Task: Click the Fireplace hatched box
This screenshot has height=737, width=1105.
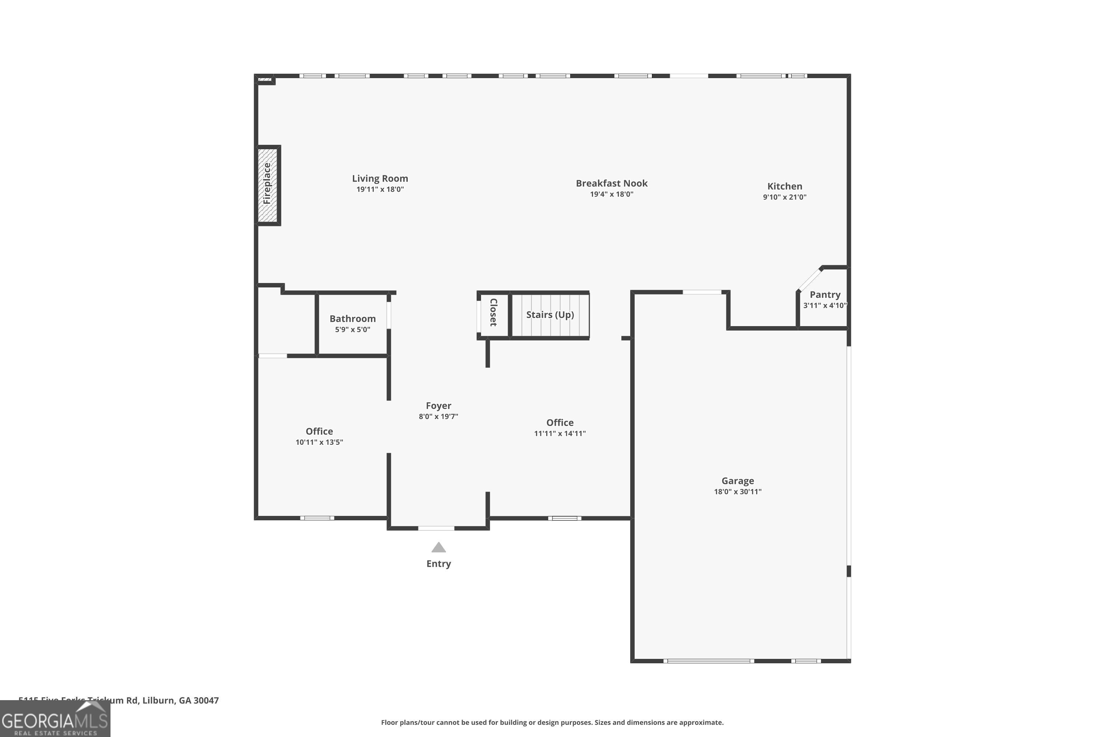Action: [x=268, y=185]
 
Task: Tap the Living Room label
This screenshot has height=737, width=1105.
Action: [x=380, y=179]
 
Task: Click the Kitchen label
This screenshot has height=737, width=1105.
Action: [x=784, y=186]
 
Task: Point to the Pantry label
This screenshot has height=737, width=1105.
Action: [x=825, y=295]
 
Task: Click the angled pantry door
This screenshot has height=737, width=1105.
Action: [x=810, y=280]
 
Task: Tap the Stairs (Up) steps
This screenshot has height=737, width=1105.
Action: [x=550, y=315]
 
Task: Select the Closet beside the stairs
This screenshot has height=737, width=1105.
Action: [x=493, y=312]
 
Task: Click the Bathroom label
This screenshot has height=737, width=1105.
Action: [x=352, y=319]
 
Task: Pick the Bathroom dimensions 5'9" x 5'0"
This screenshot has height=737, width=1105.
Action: [x=352, y=329]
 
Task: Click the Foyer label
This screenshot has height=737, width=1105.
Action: [x=438, y=406]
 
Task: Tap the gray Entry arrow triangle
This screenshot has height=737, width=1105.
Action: [x=438, y=548]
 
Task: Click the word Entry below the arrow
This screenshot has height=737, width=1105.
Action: [x=438, y=563]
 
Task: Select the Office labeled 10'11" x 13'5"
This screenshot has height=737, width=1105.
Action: [x=319, y=432]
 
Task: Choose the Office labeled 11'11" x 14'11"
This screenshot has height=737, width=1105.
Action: [x=559, y=423]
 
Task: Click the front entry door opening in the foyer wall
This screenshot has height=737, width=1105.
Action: [x=436, y=528]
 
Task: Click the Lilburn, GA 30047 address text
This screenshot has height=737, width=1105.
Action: [x=180, y=701]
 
